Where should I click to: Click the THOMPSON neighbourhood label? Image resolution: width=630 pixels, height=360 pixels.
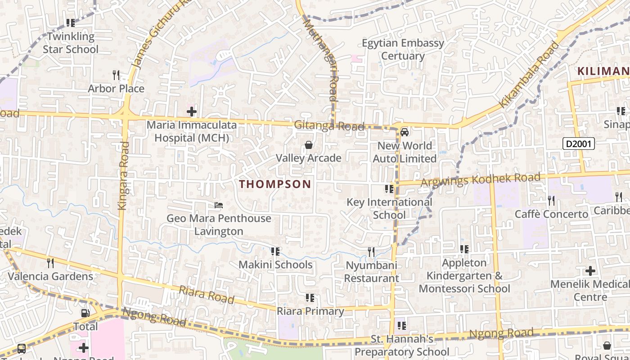pyautogui.click(x=275, y=184)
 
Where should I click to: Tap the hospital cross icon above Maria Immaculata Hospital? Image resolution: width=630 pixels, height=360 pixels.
pyautogui.click(x=192, y=111)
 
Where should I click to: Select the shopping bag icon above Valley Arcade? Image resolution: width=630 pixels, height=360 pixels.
pyautogui.click(x=309, y=145)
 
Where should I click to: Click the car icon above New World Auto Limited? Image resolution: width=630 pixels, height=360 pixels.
pyautogui.click(x=405, y=132)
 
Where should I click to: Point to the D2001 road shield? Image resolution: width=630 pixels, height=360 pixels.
pyautogui.click(x=579, y=144)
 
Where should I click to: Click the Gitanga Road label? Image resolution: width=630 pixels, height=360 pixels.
pyautogui.click(x=329, y=126)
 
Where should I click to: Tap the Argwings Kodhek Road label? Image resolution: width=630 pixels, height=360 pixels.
pyautogui.click(x=480, y=180)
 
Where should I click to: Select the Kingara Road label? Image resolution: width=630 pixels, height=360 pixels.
pyautogui.click(x=123, y=176)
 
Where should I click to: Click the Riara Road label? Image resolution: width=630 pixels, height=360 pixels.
pyautogui.click(x=207, y=295)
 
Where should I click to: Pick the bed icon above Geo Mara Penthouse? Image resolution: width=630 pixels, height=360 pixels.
pyautogui.click(x=219, y=205)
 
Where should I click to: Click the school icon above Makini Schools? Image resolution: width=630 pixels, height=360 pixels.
pyautogui.click(x=275, y=252)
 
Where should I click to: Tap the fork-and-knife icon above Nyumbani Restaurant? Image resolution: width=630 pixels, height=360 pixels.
pyautogui.click(x=371, y=252)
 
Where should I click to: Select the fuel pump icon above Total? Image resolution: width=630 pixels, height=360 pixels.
pyautogui.click(x=85, y=313)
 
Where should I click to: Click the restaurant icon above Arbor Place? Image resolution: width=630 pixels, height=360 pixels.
pyautogui.click(x=116, y=75)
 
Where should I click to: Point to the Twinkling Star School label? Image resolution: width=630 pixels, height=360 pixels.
pyautogui.click(x=71, y=43)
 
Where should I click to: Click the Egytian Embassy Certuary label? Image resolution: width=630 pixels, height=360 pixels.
pyautogui.click(x=403, y=49)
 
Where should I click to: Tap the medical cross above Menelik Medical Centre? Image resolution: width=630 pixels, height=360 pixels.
pyautogui.click(x=590, y=271)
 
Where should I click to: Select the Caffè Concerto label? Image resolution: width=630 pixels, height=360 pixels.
pyautogui.click(x=551, y=214)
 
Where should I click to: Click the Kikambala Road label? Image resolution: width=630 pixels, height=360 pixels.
pyautogui.click(x=529, y=75)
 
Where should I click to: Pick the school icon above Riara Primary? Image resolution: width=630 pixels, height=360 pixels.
pyautogui.click(x=310, y=298)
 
